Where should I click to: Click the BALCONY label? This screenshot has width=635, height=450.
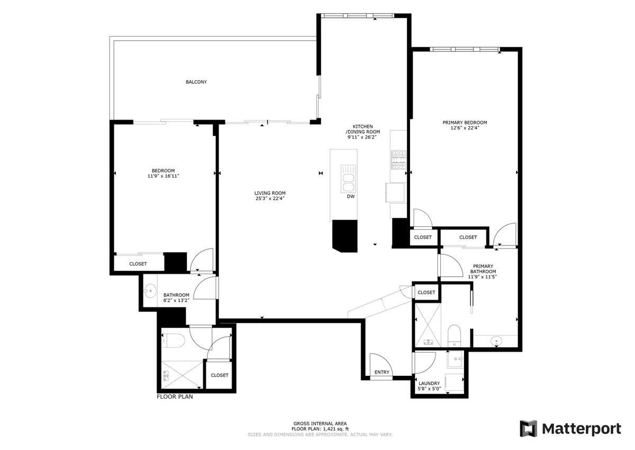tap(196, 82)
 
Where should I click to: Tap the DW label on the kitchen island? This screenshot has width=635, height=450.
tap(351, 197)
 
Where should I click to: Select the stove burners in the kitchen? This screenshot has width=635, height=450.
tap(399, 160)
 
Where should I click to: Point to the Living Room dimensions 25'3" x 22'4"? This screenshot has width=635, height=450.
tap(270, 198)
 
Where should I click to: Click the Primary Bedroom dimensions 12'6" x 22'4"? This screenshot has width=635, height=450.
tap(465, 128)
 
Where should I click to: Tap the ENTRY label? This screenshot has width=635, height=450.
tap(382, 372)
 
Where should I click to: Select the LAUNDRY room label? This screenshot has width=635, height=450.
tap(429, 383)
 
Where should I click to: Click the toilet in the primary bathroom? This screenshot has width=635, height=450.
tap(454, 336)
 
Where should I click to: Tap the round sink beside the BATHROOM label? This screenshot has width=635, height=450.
tap(150, 291)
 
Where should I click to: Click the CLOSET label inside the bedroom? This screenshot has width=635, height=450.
tap(138, 264)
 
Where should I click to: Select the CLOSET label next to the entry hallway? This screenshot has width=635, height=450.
tap(426, 293)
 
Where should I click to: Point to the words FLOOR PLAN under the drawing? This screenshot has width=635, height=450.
tap(175, 396)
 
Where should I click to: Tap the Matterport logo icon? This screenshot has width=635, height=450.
tap(529, 428)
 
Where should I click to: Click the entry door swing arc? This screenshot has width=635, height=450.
tap(387, 359)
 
